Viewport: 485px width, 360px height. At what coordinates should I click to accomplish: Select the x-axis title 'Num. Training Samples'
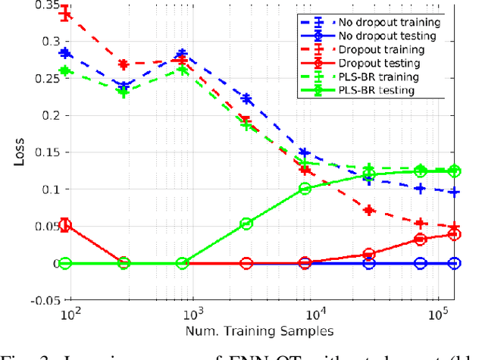(259, 330)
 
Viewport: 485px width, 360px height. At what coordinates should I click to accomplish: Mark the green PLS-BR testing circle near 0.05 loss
(246, 224)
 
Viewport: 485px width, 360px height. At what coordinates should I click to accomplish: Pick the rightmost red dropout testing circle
(454, 234)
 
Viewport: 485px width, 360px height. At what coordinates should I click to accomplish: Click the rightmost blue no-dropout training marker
(454, 193)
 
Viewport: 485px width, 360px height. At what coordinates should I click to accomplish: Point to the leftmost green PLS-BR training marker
(65, 71)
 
